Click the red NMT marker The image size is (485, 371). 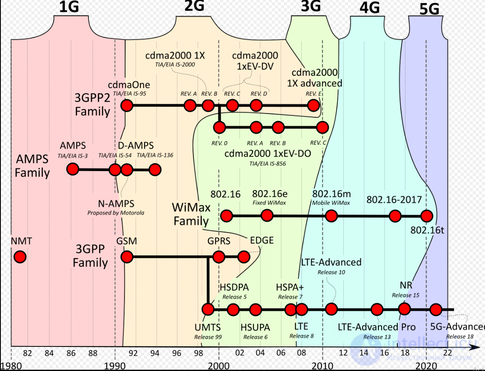coord(19,257)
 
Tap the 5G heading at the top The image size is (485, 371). coord(429,10)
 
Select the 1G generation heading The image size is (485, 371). coord(69,7)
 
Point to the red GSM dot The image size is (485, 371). coord(127,257)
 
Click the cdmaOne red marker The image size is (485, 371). coord(126,105)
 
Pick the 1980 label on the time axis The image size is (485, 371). coord(11,365)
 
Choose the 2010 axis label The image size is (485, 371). coord(322,365)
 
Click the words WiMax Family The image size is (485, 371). coord(191,214)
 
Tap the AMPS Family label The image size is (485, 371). coord(32,166)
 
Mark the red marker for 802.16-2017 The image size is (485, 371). coord(395,216)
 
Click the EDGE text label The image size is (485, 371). coord(262,241)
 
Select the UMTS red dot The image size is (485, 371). coord(208,310)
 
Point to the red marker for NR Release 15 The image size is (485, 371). coord(405,309)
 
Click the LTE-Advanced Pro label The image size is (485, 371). coord(377,327)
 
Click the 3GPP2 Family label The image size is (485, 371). coord(92,105)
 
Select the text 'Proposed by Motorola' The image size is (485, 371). coord(116,213)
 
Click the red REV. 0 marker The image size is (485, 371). coord(219,127)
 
